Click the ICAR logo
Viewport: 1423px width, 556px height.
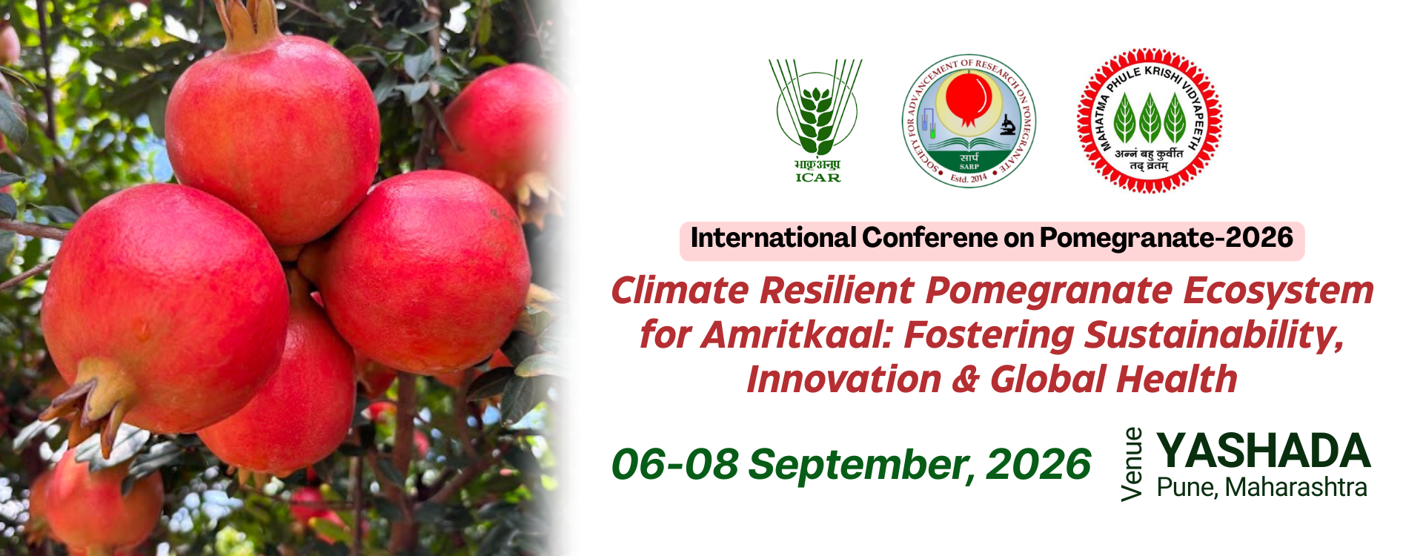(x=817, y=120)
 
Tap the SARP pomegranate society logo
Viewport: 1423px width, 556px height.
(x=969, y=121)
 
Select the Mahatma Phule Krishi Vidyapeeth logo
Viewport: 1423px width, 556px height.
(x=1150, y=120)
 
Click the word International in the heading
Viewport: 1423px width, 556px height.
(x=773, y=238)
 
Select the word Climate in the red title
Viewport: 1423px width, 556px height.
(x=680, y=290)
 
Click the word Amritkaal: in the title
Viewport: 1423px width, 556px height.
(x=796, y=334)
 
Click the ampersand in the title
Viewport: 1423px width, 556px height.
(x=966, y=380)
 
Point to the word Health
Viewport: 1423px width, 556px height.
(x=1177, y=379)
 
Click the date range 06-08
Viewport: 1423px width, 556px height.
(x=674, y=464)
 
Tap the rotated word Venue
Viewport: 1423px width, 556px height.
(x=1132, y=465)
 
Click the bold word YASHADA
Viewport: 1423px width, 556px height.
(x=1264, y=451)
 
